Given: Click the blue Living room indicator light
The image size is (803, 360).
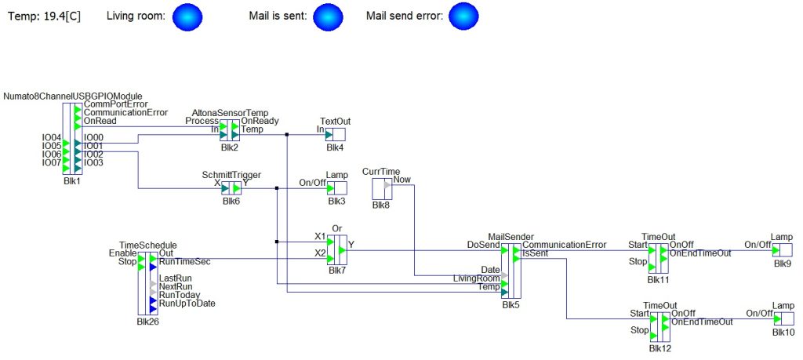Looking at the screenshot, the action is pos(188,16).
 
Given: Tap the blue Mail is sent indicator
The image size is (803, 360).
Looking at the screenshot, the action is pos(329,16).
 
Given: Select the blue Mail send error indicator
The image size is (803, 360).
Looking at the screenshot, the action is pos(463,16).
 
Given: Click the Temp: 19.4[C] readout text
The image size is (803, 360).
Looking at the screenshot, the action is pos(45,16).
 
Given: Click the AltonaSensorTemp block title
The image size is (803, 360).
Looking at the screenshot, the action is pos(230,113).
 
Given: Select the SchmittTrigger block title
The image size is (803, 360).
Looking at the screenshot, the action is pos(231,175).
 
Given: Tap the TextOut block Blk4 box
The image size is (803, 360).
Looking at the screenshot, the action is pos(335,135).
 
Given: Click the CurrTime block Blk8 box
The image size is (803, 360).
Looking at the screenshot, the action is pos(382,189).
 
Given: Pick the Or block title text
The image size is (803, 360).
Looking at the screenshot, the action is pos(337,228).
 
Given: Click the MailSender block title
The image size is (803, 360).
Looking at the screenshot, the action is pos(511,237).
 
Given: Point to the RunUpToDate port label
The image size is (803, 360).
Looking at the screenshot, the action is pos(187,304).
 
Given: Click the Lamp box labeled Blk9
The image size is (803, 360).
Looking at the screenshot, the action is pos(782,250).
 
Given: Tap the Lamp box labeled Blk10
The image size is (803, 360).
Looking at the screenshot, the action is pos(783,318).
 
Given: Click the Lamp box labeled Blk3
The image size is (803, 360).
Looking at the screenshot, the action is pos(336,188).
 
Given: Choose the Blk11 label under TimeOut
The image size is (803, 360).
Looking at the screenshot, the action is pos(658,280).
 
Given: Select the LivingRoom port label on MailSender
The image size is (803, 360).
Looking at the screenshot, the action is pos(477,278).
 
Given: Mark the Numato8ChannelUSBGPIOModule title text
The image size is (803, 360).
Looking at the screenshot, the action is pos(73,96).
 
